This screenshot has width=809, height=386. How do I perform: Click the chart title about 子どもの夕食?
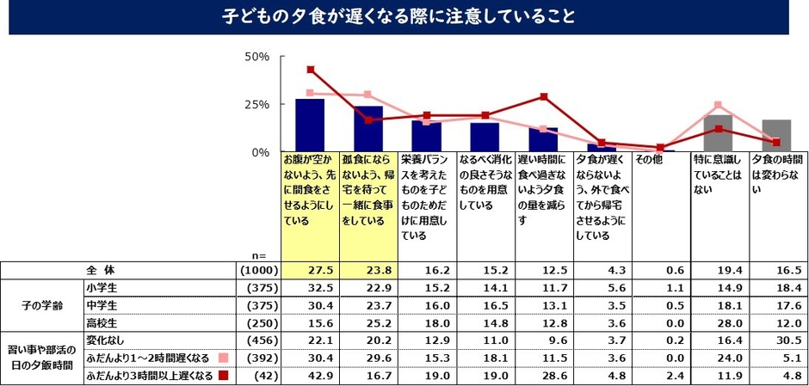click(404, 16)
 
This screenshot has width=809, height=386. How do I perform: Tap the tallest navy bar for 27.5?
click(310, 126)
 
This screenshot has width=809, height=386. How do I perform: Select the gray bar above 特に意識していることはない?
click(719, 133)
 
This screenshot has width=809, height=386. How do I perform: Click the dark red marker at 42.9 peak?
click(311, 70)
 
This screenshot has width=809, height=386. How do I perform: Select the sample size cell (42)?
click(262, 376)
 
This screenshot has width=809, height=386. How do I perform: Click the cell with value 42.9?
click(311, 376)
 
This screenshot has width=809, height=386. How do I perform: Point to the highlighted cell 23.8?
click(369, 269)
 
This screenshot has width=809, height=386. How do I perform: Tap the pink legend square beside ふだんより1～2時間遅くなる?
click(224, 358)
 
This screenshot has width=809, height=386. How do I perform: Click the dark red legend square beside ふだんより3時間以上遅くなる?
click(224, 376)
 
